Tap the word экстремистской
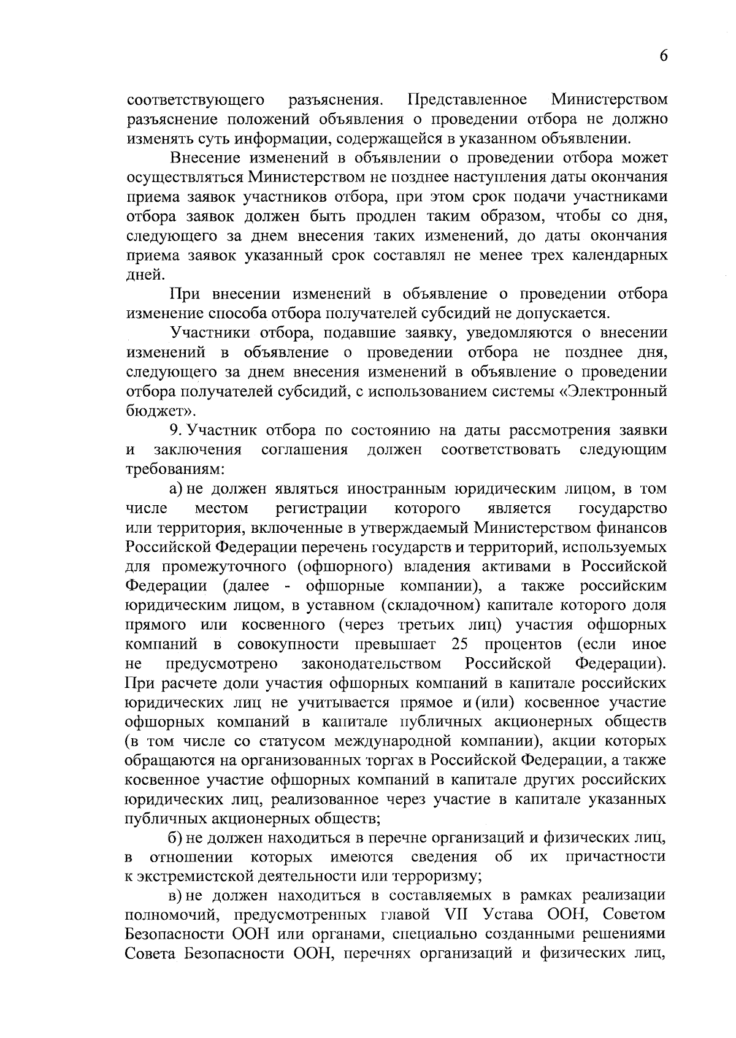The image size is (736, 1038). (x=202, y=876)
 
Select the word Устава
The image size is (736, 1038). (x=507, y=915)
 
